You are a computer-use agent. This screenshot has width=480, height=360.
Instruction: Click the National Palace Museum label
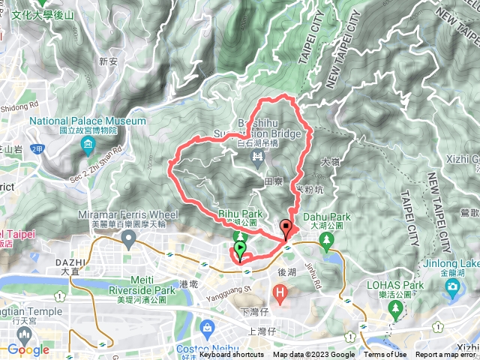click(x=88, y=120)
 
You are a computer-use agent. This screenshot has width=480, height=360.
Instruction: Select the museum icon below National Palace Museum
click(x=88, y=143)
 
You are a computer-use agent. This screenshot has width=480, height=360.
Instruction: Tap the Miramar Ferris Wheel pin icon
click(x=129, y=240)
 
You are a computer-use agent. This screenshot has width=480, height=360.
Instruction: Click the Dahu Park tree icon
click(x=326, y=240)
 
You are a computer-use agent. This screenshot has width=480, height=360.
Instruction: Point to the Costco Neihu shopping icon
click(x=206, y=328)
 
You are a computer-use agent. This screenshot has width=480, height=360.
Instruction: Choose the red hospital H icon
click(x=280, y=290)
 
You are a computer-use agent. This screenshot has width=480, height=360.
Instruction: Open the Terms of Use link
click(x=385, y=355)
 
